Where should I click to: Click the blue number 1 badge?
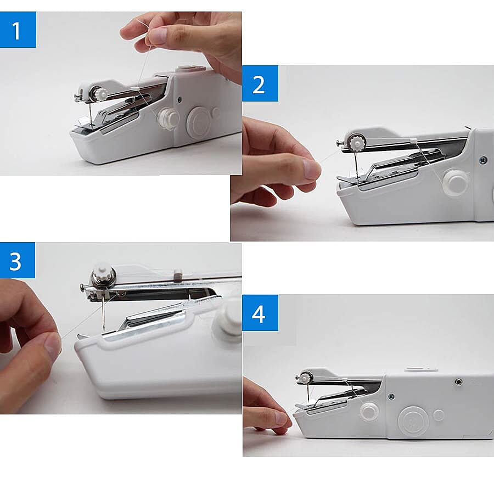point(18,30)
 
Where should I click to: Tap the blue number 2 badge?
point(260,83)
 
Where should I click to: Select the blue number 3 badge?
point(17,260)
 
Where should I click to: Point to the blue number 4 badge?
point(260,313)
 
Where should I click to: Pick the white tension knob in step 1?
point(99,94)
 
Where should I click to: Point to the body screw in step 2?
point(483,160)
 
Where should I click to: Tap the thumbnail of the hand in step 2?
point(311,169)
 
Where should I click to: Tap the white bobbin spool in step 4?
point(370,411)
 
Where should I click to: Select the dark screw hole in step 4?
point(458,381)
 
